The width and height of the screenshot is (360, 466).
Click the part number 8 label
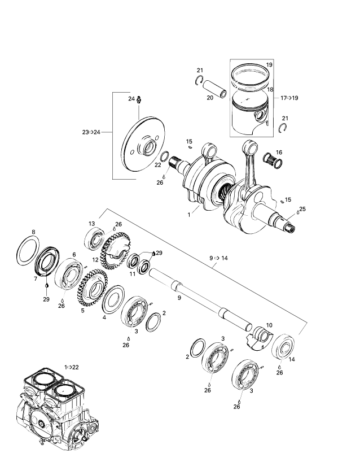click(33, 232)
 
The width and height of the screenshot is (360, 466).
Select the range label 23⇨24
click(91, 132)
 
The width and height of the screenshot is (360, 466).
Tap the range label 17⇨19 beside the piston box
click(289, 98)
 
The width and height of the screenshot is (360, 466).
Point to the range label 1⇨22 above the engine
click(72, 367)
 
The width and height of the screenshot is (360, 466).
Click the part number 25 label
click(302, 209)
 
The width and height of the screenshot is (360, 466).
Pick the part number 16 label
click(279, 153)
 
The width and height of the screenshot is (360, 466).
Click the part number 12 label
click(95, 259)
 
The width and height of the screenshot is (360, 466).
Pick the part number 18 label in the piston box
click(270, 90)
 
